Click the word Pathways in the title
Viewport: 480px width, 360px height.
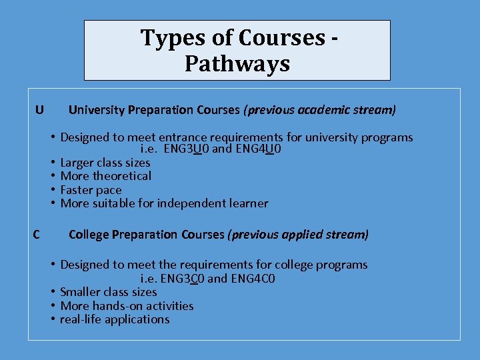point(237,64)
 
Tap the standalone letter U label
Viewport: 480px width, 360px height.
point(40,109)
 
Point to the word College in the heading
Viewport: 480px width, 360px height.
point(89,235)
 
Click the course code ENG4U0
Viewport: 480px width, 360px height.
point(257,149)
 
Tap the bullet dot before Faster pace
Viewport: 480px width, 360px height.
point(51,190)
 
